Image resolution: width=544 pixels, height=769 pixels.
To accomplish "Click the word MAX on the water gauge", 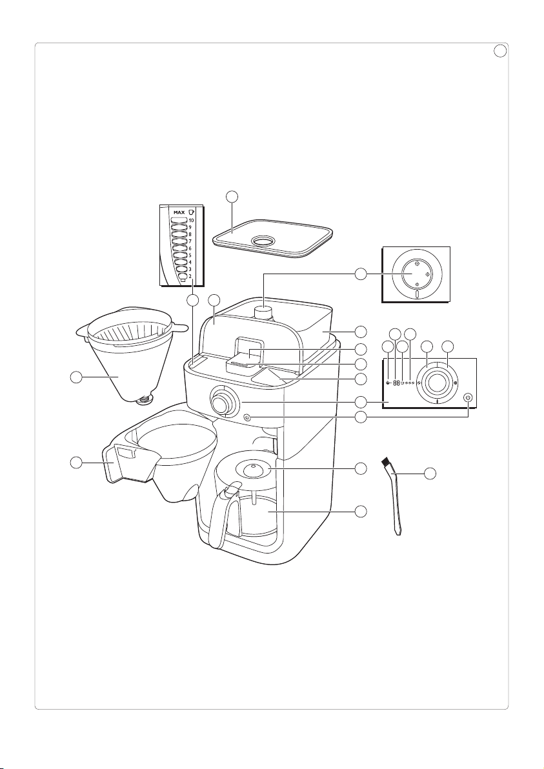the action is tap(178, 212).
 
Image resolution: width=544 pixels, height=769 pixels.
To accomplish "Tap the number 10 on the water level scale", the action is tap(191, 221).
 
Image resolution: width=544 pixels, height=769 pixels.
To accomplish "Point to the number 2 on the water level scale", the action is tap(190, 276).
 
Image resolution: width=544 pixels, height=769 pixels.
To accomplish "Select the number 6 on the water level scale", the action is tap(190, 248).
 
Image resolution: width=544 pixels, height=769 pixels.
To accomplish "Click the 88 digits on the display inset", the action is tap(396, 383).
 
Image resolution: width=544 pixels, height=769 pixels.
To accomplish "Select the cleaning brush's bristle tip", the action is tap(386, 461).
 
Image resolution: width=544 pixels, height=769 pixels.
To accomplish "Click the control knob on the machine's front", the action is tap(222, 402).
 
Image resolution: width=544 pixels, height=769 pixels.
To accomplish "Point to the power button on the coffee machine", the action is tap(247, 418).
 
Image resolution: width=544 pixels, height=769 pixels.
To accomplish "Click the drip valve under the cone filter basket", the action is tap(143, 401).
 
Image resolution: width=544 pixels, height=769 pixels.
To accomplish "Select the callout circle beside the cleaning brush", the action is tap(430, 474).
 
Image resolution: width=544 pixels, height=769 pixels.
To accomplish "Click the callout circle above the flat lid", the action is tap(232, 197).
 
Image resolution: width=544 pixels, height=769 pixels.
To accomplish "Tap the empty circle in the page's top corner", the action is tap(499, 50).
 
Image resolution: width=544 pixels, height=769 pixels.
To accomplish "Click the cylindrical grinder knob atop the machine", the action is tap(265, 312).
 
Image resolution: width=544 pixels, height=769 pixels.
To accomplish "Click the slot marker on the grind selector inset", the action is tap(417, 294).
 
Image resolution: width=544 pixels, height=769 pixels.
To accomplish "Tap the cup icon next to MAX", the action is tap(191, 212).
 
